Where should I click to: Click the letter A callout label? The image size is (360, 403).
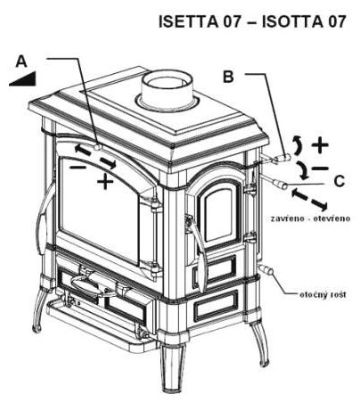point(21,62)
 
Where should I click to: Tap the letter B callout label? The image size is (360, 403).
point(228,77)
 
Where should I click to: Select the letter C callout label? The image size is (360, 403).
point(339,181)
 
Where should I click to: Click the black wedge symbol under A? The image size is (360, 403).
point(23,79)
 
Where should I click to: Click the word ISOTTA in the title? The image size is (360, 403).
point(292,21)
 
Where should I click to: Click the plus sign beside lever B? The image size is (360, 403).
point(320,145)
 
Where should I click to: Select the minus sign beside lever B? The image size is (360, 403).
point(320,169)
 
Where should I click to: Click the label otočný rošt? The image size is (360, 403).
point(323,295)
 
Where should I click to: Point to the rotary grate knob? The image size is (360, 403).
point(266,270)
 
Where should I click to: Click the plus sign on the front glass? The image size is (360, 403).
point(105,181)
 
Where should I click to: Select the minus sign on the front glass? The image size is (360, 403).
point(78,168)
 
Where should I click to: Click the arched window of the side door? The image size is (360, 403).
point(218,213)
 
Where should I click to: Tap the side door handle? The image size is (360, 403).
point(197,251)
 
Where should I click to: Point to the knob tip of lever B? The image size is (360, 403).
point(284,157)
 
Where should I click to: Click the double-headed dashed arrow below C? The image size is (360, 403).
point(310,201)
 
